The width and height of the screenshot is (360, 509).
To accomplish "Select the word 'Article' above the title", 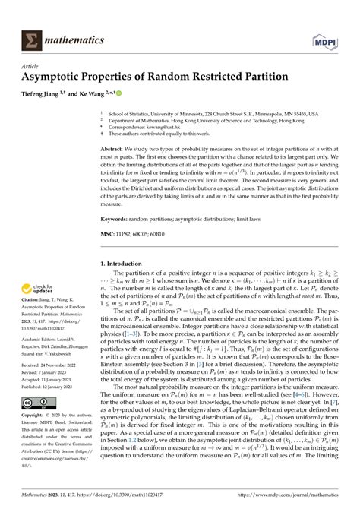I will [31, 68].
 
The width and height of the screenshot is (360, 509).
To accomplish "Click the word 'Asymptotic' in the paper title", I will [58, 80].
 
